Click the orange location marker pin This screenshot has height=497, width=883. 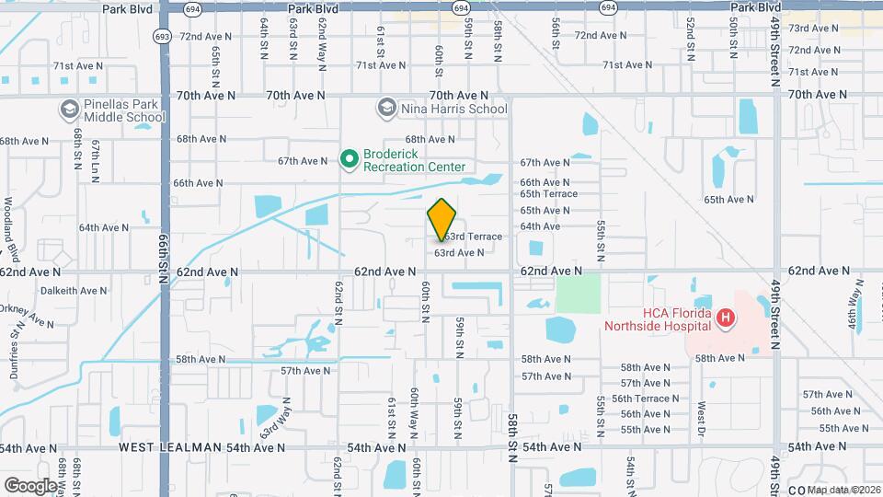(x=442, y=219)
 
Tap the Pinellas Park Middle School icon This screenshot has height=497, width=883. (x=68, y=110)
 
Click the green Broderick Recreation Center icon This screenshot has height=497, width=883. (x=350, y=160)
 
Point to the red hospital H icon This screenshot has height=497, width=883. (x=726, y=319)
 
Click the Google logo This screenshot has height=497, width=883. (x=30, y=485)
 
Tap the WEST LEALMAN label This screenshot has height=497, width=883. (x=170, y=447)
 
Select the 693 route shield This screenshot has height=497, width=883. (x=162, y=37)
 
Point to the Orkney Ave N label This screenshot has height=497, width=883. (x=27, y=316)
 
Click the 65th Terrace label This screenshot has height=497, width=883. (x=548, y=194)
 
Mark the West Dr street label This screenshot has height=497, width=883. (x=701, y=413)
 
